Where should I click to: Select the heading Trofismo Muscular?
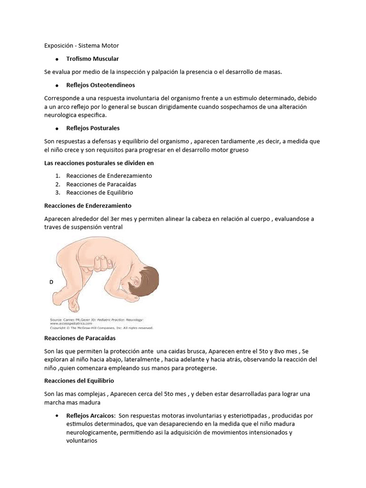[92, 59]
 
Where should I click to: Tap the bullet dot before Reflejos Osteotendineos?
[56, 85]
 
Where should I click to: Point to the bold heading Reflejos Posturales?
[93, 128]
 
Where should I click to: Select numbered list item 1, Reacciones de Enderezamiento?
[109, 176]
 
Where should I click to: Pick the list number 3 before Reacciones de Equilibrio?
[57, 193]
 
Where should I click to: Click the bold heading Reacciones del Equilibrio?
[79, 381]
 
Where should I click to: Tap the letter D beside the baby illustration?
[51, 283]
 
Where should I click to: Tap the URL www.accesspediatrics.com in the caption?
[72, 323]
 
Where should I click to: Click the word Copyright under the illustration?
[60, 327]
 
